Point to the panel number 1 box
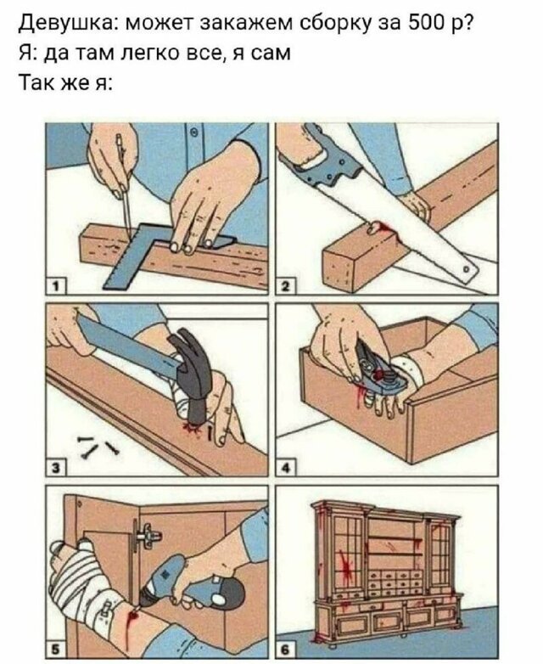pos(55,286)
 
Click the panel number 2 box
pos(286,286)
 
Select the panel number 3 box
pos(55,467)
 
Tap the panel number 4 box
pos(286,468)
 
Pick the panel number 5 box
pos(55,650)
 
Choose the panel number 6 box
pos(286,650)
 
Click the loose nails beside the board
pos(98,446)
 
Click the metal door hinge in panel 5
pos(146,534)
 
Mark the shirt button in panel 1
pos(194,132)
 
